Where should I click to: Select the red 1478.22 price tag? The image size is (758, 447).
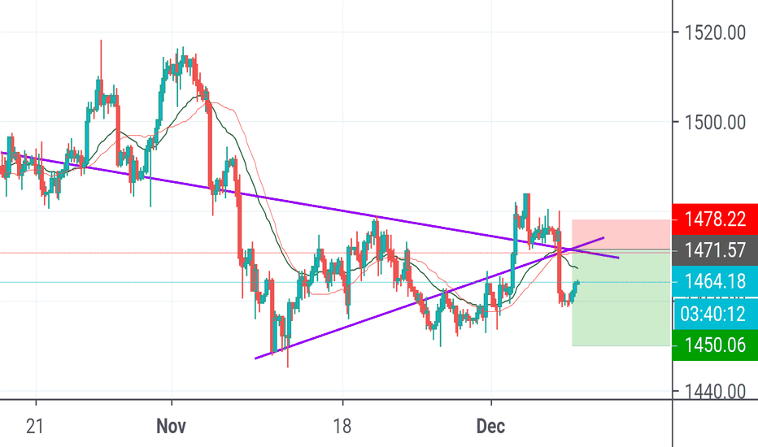point(714,219)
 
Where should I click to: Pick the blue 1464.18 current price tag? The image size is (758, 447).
point(714,282)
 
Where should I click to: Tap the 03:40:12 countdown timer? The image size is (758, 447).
point(714,314)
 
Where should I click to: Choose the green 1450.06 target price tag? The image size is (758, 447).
point(714,345)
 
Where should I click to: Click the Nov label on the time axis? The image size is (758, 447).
point(172,426)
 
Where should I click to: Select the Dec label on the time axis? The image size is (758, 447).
point(491,426)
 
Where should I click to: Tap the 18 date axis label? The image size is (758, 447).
point(343,426)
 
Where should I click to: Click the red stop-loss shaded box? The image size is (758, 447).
point(621,234)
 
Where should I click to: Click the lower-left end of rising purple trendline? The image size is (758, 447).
point(256,357)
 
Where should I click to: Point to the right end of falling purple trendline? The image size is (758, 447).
point(619,258)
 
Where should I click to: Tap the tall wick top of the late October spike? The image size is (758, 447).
point(101,40)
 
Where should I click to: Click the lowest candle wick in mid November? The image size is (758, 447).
point(288,367)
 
